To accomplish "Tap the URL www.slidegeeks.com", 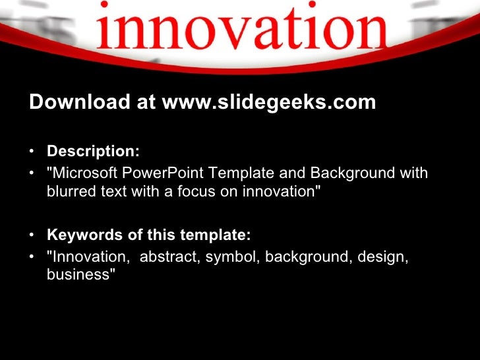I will coord(269,102).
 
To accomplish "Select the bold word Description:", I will coord(93,151).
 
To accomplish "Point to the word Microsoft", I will coord(84,173).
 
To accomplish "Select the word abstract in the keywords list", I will coord(168,257).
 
